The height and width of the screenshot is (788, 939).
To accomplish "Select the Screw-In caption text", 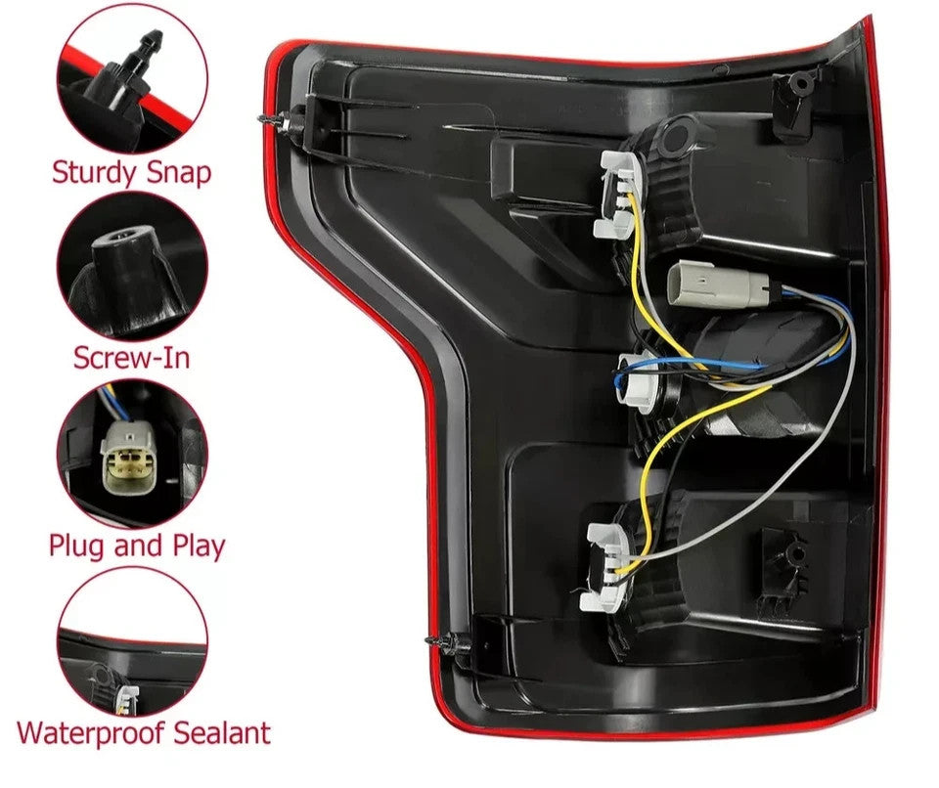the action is pyautogui.click(x=132, y=358).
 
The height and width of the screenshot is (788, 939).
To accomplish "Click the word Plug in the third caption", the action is pyautogui.click(x=77, y=547).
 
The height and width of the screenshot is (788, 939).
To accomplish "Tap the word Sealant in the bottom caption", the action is pyautogui.click(x=222, y=733).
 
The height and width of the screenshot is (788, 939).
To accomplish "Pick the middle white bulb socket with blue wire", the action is pyautogui.click(x=636, y=381).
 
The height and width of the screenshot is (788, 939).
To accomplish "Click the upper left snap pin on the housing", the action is pyautogui.click(x=282, y=122).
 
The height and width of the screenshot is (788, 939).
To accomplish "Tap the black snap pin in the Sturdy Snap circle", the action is pyautogui.click(x=126, y=66).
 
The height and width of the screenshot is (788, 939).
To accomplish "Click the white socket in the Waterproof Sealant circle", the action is pyautogui.click(x=127, y=699).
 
